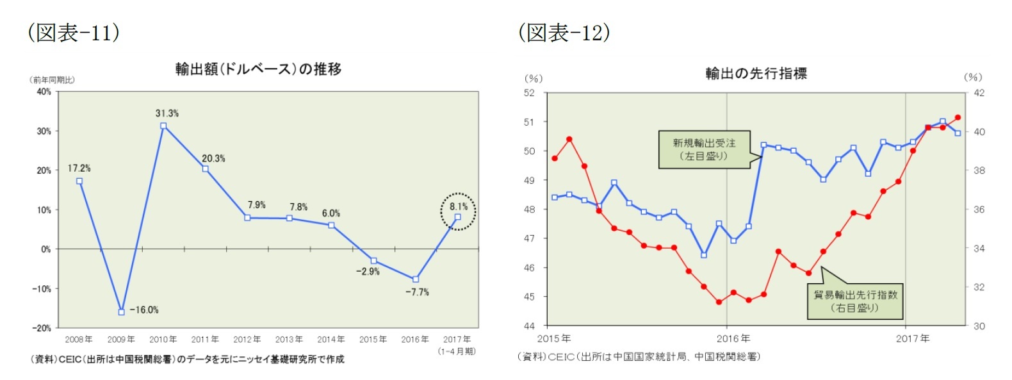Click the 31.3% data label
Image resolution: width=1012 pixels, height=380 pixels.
pos(167,113)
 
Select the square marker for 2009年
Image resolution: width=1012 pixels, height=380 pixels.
pos(121,312)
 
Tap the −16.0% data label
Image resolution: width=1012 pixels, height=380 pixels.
pos(144,310)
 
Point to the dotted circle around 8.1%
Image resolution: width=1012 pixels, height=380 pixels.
pos(458,211)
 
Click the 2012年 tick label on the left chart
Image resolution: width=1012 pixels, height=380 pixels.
pos(247,340)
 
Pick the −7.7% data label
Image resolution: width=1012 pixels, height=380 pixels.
pos(417,292)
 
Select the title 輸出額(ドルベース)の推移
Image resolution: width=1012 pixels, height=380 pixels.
pos(258,69)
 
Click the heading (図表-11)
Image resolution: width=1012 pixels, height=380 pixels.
pos(73,32)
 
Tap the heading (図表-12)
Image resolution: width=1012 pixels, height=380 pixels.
pos(564,32)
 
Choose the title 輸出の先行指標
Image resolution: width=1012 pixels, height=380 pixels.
pos(756,74)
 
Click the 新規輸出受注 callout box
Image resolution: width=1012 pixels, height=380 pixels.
pos(704,150)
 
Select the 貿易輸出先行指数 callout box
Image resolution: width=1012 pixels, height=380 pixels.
pos(855,301)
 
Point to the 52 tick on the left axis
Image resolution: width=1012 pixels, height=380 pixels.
pos(529,93)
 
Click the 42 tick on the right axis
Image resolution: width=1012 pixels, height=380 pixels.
pos(979,93)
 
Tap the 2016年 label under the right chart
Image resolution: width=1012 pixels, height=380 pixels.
pos(733,338)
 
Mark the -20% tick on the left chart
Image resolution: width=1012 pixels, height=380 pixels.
pos(42,328)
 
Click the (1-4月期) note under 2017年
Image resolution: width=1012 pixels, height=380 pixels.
pos(457,351)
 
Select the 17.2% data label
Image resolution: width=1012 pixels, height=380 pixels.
pos(79,169)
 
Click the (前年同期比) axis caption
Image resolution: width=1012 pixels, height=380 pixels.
pos(53,80)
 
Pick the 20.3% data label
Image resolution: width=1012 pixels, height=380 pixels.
pos(213,159)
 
